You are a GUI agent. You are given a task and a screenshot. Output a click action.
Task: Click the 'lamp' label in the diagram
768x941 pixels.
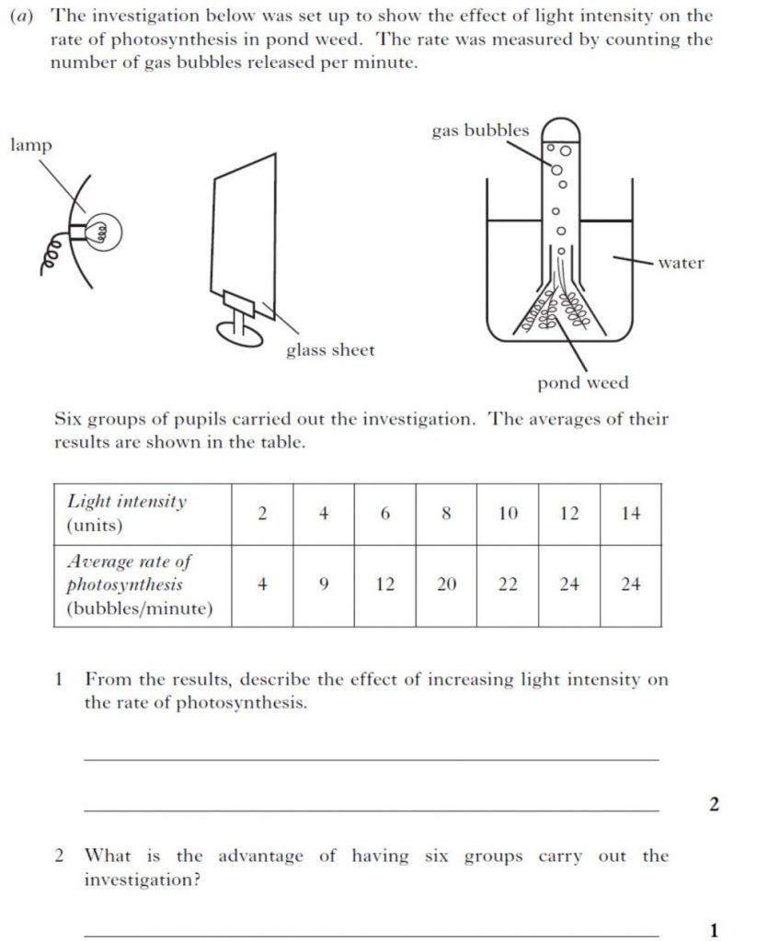(31, 145)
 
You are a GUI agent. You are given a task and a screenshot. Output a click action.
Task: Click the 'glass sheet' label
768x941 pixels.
(329, 350)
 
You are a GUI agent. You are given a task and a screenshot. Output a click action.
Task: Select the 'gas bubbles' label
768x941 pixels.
(480, 130)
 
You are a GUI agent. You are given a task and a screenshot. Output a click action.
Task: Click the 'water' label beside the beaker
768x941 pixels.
(681, 263)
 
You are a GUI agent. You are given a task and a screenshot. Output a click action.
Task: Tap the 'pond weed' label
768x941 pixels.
(583, 382)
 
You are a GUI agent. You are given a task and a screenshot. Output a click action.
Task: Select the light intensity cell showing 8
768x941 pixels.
(446, 514)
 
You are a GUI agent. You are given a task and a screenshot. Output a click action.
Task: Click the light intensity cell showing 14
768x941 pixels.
(630, 514)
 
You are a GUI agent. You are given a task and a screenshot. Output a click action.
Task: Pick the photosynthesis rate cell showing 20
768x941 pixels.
(446, 584)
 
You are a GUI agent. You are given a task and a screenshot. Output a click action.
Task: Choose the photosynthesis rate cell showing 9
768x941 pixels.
(324, 584)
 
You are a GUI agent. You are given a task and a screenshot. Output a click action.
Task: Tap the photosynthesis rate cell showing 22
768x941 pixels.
(508, 584)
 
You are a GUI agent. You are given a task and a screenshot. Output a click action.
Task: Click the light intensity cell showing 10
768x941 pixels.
(508, 514)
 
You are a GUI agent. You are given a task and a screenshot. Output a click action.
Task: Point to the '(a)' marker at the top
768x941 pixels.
(28, 16)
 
